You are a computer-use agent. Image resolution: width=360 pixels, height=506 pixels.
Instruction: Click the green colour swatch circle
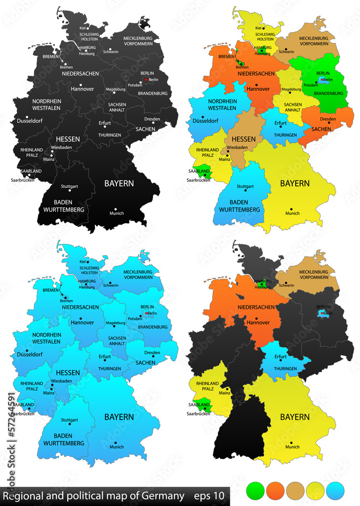click(x=255, y=490)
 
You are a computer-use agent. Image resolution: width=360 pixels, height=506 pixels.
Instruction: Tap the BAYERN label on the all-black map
click(x=119, y=183)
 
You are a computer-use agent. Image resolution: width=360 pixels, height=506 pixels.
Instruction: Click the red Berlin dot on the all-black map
click(x=146, y=80)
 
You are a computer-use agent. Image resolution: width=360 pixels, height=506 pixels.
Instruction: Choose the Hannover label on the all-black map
click(x=83, y=89)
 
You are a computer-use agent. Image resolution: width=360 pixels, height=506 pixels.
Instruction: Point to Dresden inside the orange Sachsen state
click(x=328, y=119)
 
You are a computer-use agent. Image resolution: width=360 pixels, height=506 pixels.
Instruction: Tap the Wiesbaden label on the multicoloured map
click(x=237, y=148)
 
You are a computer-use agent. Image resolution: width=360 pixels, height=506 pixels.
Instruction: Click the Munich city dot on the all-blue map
click(x=116, y=441)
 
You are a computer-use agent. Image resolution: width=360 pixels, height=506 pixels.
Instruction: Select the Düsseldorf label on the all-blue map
click(x=30, y=354)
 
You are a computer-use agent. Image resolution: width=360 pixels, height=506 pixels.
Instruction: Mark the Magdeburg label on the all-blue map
click(x=115, y=323)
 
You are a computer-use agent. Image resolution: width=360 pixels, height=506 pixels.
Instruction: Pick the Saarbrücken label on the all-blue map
click(x=21, y=413)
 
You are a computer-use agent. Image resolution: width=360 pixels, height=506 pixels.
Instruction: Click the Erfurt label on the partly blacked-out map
click(x=280, y=356)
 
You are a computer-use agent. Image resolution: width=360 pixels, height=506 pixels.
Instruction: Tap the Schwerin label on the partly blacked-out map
click(x=286, y=285)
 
